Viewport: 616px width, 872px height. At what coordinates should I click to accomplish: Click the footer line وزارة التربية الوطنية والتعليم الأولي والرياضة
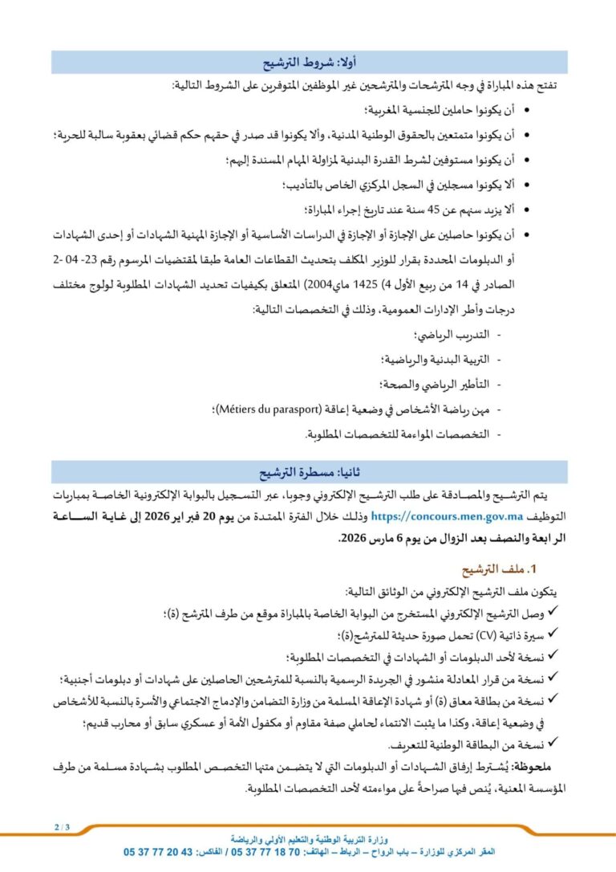point(308,837)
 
